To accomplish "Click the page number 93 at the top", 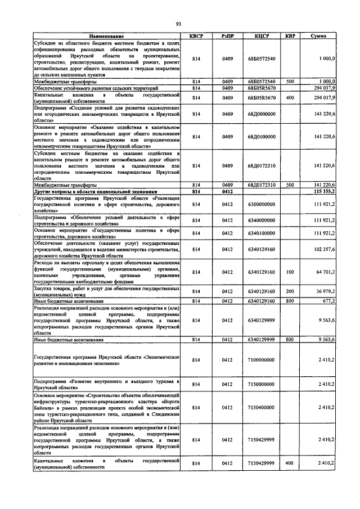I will (x=178, y=24).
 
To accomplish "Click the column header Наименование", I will (x=106, y=36).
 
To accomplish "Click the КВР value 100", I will (x=290, y=272).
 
